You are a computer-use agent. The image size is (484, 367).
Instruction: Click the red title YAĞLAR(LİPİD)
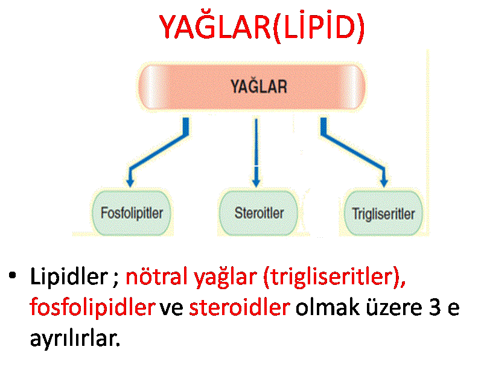[262, 27]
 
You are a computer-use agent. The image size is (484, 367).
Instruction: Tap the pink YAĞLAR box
[251, 87]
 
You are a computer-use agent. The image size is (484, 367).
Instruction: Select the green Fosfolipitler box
[132, 213]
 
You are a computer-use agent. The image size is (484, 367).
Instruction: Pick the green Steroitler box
[258, 213]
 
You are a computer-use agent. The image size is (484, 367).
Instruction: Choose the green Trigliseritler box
[383, 214]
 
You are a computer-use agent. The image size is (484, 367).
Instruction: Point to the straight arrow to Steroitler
[256, 153]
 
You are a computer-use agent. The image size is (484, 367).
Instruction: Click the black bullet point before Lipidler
[12, 275]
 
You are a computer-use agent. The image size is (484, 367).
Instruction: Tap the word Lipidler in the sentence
[69, 276]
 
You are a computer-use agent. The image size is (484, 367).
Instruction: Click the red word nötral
[157, 276]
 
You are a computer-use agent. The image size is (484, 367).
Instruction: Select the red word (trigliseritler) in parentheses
[334, 277]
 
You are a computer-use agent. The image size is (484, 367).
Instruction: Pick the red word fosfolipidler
[92, 308]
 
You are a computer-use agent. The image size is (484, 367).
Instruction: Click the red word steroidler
[239, 307]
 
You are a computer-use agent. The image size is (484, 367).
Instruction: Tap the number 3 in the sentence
[435, 307]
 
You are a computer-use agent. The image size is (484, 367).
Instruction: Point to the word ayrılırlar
[75, 339]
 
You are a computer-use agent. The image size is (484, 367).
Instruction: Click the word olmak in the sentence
[328, 307]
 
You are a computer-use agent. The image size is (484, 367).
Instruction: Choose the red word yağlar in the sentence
[226, 278]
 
